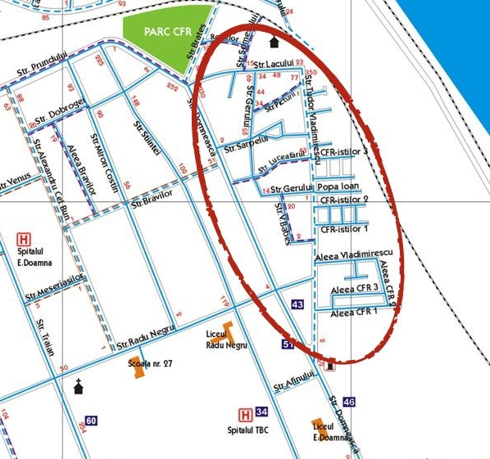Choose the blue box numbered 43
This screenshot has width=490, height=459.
point(297,304)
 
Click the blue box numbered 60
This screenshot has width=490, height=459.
point(91,421)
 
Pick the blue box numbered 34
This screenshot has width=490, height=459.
point(261,412)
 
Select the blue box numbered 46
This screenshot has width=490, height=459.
point(350,402)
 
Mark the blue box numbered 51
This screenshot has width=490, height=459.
point(288,344)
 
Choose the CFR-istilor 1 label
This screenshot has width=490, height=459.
point(344,229)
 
